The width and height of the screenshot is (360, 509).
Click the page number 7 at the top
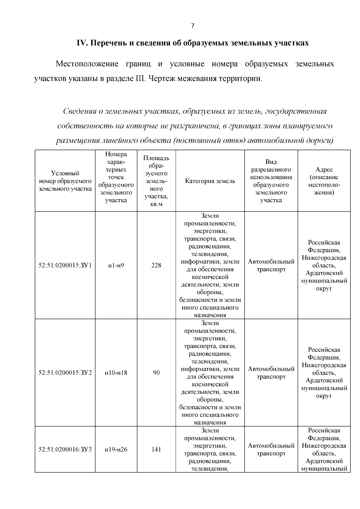click(193, 26)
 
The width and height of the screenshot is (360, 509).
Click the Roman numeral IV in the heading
click(82, 43)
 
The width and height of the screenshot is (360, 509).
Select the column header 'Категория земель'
click(210, 181)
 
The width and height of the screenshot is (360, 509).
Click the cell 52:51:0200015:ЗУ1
click(65, 265)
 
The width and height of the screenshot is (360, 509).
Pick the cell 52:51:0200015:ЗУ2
click(65, 373)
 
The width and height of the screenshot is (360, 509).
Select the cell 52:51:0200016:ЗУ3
click(65, 450)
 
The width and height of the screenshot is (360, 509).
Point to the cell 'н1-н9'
click(116, 265)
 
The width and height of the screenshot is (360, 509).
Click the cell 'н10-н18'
click(116, 373)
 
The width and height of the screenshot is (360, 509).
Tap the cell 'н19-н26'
click(116, 450)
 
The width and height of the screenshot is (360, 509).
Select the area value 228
click(156, 265)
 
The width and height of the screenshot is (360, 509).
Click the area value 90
click(156, 373)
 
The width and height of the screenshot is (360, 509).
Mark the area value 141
click(156, 450)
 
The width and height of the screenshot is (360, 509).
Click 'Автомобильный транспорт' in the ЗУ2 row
click(271, 373)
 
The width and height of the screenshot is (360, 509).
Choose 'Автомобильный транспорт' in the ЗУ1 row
click(271, 265)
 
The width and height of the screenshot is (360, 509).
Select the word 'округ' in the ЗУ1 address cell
click(324, 289)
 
